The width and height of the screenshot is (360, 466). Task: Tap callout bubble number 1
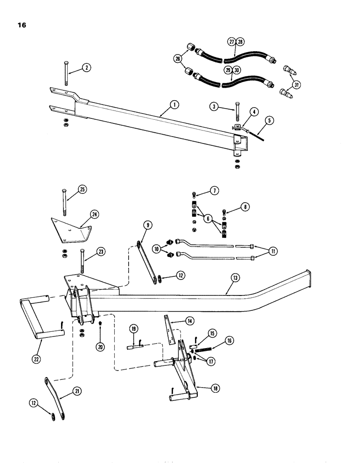point(173,105)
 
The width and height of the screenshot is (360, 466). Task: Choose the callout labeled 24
point(95,214)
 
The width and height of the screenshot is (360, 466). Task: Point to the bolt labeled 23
point(83,264)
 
